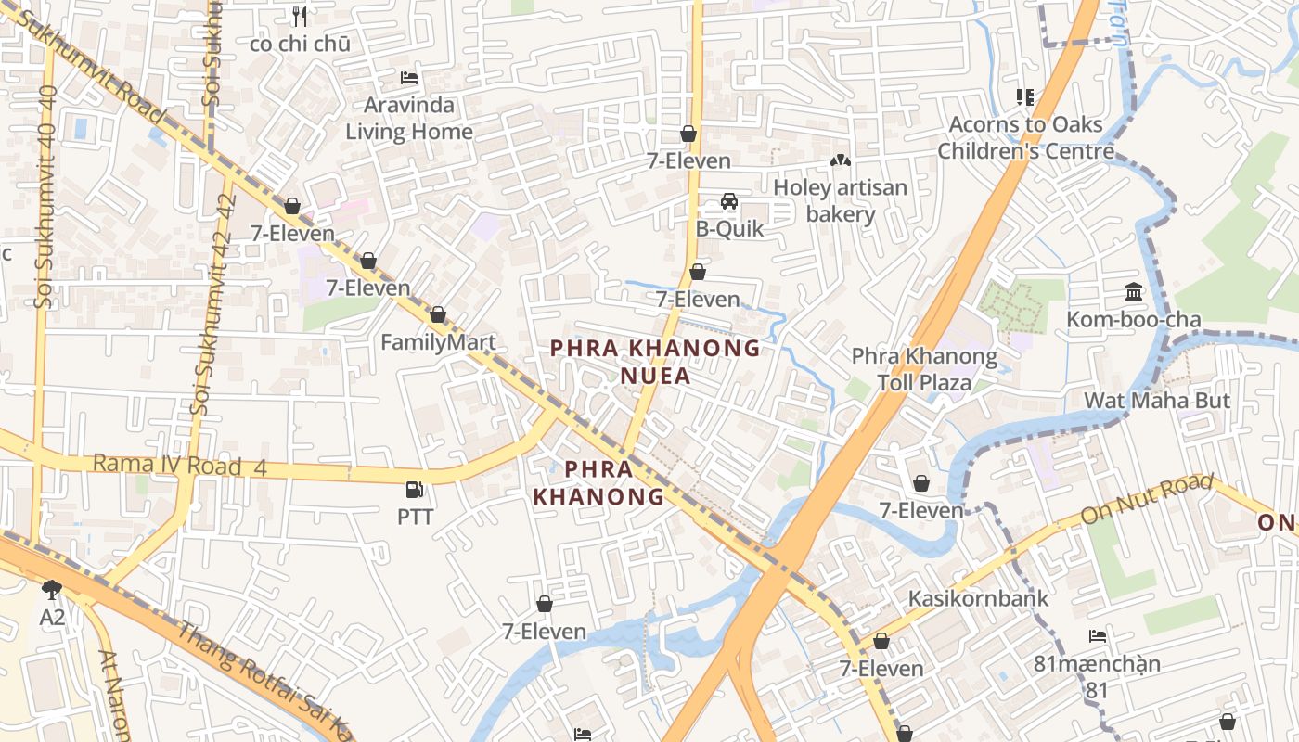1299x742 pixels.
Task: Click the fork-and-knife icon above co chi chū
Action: tap(300, 16)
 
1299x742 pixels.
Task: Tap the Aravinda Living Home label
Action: tap(409, 119)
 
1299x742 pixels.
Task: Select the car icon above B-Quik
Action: tap(729, 201)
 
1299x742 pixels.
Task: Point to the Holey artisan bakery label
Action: tap(840, 200)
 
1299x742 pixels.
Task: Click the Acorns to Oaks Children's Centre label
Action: tap(1025, 137)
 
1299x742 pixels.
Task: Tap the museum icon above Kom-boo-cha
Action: tap(1134, 292)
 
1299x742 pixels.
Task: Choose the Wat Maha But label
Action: tap(1157, 401)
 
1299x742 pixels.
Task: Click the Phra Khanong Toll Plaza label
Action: tap(924, 369)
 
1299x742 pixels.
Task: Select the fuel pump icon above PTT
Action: tap(415, 489)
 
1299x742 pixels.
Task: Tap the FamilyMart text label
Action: tap(438, 342)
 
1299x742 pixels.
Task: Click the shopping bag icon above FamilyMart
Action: tap(438, 315)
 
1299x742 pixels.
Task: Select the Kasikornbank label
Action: tap(978, 598)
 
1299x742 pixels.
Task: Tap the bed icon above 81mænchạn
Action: tap(1098, 636)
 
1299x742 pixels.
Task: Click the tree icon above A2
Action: tap(52, 589)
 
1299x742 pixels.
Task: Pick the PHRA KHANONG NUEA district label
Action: tap(655, 362)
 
